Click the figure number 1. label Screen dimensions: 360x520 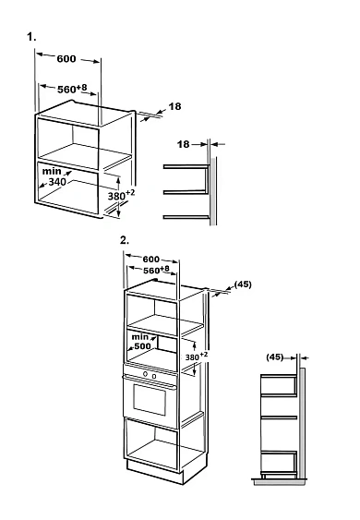[31, 37]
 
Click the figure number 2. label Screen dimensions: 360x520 [125, 240]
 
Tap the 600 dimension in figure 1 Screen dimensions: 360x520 [66, 59]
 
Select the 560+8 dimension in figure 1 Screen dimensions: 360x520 [72, 89]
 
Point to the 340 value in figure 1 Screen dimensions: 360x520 [57, 182]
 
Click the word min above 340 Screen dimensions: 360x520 [52, 171]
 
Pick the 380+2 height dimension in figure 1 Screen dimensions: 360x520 [121, 195]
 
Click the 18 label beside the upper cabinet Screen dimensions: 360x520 [175, 106]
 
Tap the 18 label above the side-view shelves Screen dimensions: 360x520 [184, 144]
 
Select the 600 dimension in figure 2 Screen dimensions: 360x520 [151, 259]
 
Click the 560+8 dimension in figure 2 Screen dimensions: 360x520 [157, 270]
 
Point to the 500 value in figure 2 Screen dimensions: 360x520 [142, 345]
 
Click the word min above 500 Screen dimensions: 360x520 [140, 337]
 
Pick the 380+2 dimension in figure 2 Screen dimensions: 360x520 [197, 357]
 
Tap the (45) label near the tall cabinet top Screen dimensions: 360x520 [243, 284]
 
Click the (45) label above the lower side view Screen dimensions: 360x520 [275, 357]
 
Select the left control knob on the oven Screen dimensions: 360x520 [146, 374]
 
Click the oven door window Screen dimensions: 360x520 [150, 400]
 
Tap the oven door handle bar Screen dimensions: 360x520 [150, 381]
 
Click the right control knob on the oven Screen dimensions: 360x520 [154, 376]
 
